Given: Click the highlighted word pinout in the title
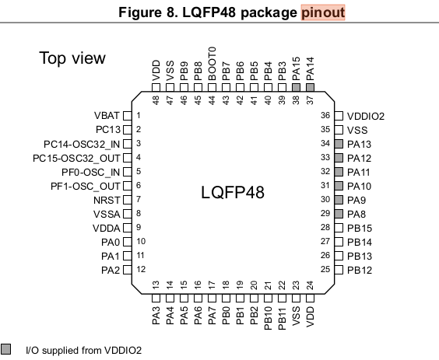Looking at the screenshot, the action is (x=323, y=12).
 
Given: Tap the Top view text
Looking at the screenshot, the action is (x=72, y=58).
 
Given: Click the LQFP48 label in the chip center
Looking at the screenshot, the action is (x=233, y=192).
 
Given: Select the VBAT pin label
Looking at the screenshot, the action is (x=107, y=115).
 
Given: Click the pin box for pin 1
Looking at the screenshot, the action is (x=128, y=116).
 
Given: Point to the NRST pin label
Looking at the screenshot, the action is (x=107, y=201).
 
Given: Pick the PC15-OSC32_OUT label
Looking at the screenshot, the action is (x=76, y=158).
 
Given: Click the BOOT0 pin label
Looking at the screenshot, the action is (x=212, y=64).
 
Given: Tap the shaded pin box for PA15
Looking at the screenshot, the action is (x=297, y=88).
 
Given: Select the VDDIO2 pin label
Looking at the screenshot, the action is (x=366, y=116).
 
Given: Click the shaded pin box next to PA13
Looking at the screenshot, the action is (x=339, y=144).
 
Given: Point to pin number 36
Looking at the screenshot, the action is (x=325, y=115).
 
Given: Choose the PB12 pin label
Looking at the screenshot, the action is (x=360, y=271).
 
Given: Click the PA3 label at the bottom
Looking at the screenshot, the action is (x=156, y=316).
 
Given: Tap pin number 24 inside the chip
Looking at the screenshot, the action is (x=311, y=285).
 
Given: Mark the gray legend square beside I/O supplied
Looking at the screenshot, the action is (x=6, y=349).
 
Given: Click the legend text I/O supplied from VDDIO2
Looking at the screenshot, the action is (x=84, y=350).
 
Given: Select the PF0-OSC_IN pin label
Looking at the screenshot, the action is (x=91, y=172).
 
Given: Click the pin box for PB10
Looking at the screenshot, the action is (x=269, y=298).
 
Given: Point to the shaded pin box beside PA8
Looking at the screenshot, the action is (x=339, y=214).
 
